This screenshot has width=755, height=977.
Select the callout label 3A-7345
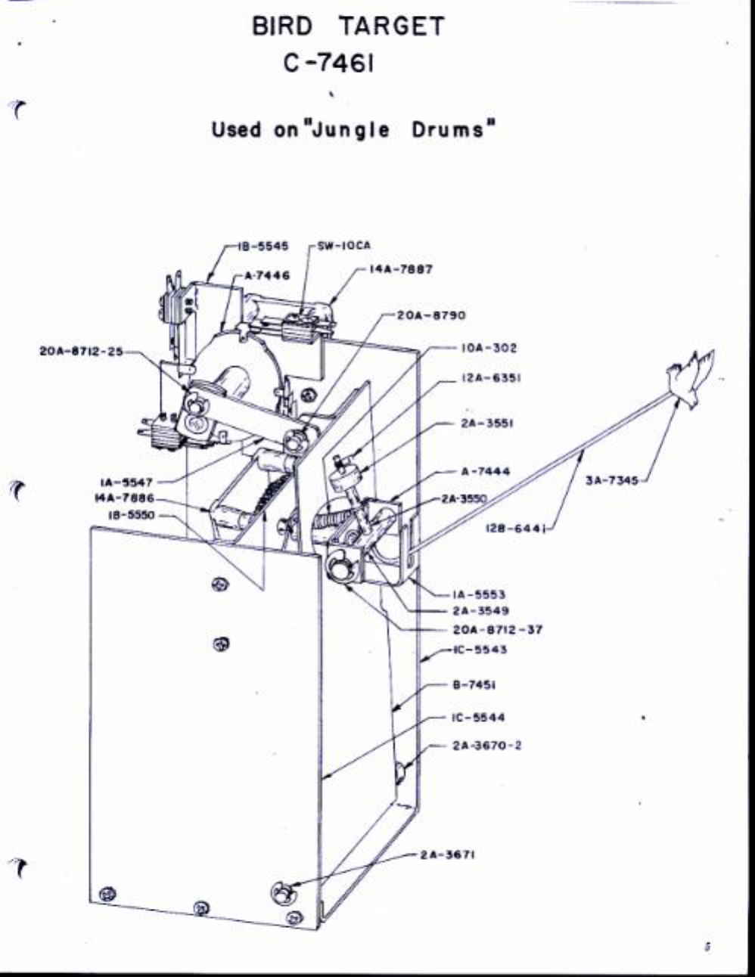(x=611, y=480)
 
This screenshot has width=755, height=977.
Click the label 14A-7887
(x=400, y=269)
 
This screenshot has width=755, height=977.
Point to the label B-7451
(x=474, y=686)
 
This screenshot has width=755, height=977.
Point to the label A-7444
(x=485, y=471)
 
